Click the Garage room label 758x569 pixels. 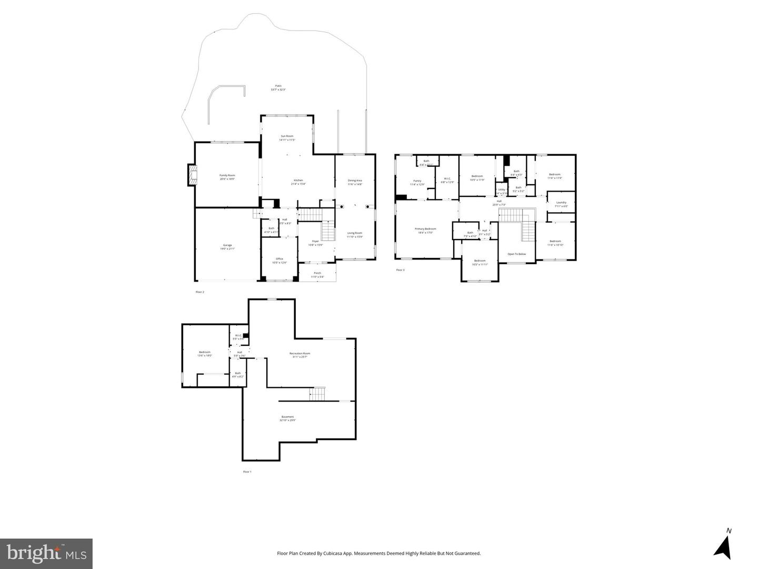click(x=227, y=245)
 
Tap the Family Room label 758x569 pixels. click(x=227, y=175)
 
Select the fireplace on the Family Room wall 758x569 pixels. click(x=192, y=175)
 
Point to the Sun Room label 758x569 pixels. click(x=287, y=136)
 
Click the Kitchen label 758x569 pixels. click(x=298, y=181)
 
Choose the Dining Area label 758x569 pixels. click(x=355, y=181)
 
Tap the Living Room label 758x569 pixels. click(x=354, y=233)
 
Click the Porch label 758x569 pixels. click(x=317, y=273)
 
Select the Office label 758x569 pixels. click(x=280, y=259)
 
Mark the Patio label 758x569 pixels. click(x=278, y=86)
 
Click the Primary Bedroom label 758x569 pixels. click(x=425, y=229)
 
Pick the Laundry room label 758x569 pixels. click(x=561, y=203)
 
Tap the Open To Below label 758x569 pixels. click(x=516, y=254)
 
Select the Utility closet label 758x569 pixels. click(x=502, y=189)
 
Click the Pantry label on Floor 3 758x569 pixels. click(x=417, y=181)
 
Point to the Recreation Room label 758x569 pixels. click(x=300, y=354)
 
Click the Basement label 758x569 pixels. click(x=287, y=417)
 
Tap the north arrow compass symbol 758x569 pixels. click(x=724, y=545)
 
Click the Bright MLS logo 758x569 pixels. click(x=46, y=553)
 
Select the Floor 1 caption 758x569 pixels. click(x=247, y=472)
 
